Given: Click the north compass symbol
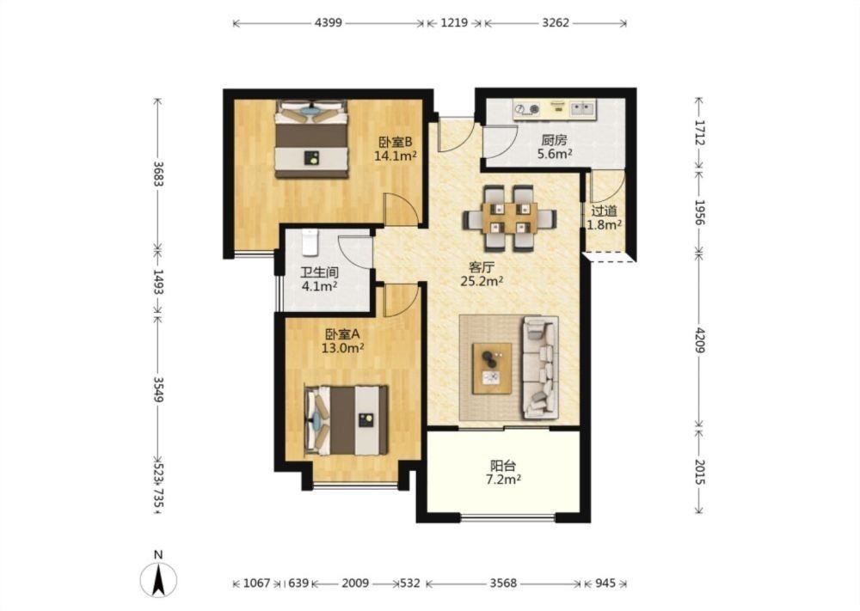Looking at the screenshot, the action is (158, 579).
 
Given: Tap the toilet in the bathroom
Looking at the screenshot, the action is (310, 242).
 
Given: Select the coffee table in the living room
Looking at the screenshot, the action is (493, 369).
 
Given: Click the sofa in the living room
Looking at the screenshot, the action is (540, 367).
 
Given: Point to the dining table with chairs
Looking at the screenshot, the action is (509, 218).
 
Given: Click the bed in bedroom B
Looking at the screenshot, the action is (312, 138).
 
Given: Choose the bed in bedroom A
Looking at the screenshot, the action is (346, 420).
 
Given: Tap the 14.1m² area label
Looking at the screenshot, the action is (396, 156).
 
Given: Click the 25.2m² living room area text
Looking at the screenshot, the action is (482, 282).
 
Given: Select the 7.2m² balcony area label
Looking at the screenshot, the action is (503, 480).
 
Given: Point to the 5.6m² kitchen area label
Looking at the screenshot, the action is (555, 154).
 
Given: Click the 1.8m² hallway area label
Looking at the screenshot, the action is (604, 224).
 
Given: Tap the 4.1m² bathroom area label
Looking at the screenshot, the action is (319, 286).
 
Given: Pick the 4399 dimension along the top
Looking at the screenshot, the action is (329, 23).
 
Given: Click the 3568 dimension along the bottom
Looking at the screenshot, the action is (503, 583).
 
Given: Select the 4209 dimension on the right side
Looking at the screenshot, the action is (699, 339).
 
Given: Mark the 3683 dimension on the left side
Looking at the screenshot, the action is (158, 174).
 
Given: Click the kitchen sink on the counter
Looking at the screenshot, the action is (582, 108).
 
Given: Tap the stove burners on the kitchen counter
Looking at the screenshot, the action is (527, 110).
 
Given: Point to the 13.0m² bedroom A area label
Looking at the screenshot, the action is (343, 347).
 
